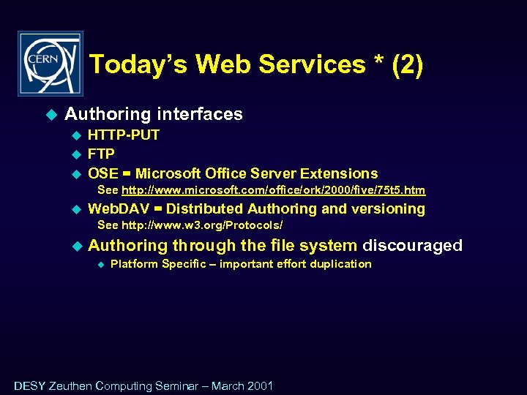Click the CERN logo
(x=51, y=64)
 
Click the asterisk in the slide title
(x=378, y=63)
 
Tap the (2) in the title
(x=408, y=65)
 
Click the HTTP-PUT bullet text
(x=124, y=135)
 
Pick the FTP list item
(x=101, y=154)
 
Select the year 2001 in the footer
(x=260, y=385)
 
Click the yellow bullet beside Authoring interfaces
(x=51, y=114)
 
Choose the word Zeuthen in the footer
(x=72, y=385)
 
